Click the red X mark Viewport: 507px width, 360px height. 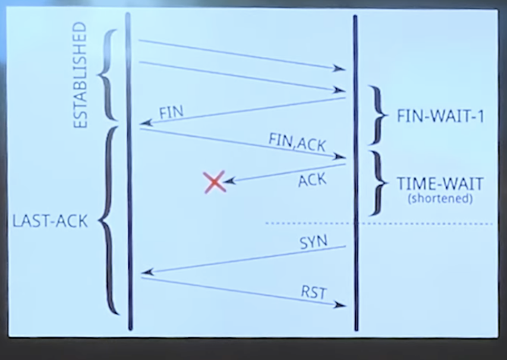click(215, 182)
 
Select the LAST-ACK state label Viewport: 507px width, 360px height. click(50, 222)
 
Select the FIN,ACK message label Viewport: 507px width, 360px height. click(292, 140)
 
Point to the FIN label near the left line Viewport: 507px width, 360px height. click(171, 112)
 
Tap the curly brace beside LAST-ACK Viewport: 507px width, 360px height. click(109, 220)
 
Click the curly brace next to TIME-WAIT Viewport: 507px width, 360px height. click(376, 183)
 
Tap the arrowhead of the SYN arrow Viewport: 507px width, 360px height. click(148, 271)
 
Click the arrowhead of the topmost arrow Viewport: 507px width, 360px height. click(340, 68)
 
